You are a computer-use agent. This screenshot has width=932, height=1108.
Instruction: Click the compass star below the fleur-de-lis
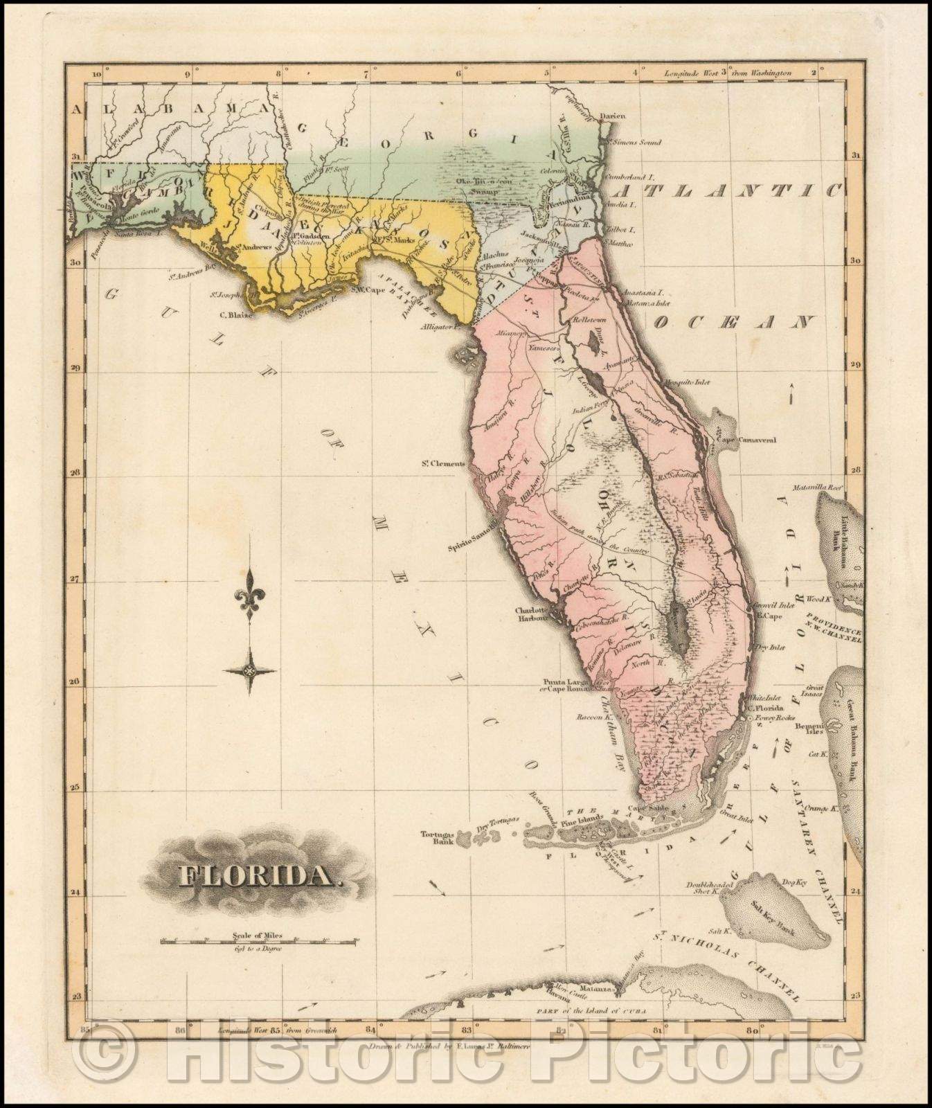249,670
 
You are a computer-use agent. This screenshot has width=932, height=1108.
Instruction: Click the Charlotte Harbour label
531,614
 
